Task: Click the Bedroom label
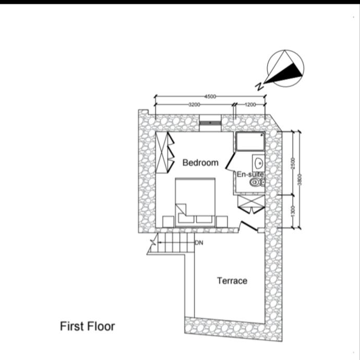[200, 163]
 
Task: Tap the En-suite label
[250, 174]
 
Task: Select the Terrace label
[232, 281]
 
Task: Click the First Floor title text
[87, 327]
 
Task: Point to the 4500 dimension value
[210, 97]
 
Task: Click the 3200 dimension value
[195, 105]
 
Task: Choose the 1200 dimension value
[250, 105]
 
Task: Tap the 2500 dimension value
[294, 163]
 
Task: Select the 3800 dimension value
[301, 180]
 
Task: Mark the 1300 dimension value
[294, 212]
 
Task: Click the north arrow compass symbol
[285, 68]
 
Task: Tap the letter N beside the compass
[259, 85]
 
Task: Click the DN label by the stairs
[199, 243]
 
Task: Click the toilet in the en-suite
[256, 183]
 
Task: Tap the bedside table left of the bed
[168, 222]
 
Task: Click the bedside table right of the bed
[222, 222]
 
